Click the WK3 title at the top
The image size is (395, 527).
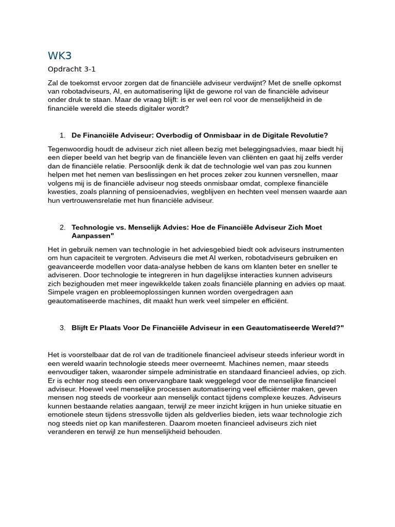tap(60, 55)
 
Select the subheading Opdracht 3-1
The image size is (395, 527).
tap(71, 69)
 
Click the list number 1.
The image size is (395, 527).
tap(62, 135)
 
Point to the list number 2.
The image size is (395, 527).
tap(62, 227)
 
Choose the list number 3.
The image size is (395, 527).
tap(62, 327)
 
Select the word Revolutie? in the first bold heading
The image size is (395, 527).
tap(309, 135)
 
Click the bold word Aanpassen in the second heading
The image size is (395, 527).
tap(91, 235)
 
